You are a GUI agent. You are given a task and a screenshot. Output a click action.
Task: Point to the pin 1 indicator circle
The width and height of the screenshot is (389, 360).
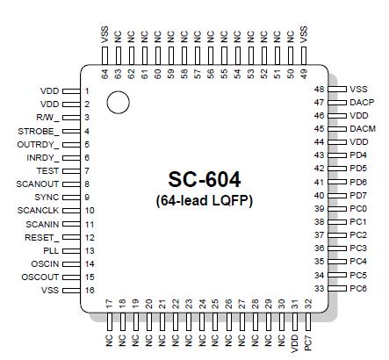tap(118, 104)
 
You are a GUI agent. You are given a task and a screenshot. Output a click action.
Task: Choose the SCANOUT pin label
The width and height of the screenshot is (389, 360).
tap(37, 184)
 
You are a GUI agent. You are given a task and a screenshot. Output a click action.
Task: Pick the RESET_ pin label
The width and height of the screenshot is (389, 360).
tap(42, 237)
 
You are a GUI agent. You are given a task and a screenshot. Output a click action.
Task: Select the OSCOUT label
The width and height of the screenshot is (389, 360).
tap(40, 277)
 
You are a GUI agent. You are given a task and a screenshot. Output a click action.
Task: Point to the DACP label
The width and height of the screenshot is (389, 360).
tap(362, 103)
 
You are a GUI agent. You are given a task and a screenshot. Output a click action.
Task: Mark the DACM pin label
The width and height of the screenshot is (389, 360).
tap(362, 129)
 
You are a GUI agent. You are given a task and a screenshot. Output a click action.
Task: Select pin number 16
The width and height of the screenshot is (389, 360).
tap(88, 290)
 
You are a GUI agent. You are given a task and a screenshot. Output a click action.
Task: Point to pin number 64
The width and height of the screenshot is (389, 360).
tap(105, 74)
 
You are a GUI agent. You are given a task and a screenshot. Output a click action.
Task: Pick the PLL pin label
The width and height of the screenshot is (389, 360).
tap(51, 250)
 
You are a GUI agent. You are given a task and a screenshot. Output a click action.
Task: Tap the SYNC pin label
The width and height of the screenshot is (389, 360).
tap(47, 197)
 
